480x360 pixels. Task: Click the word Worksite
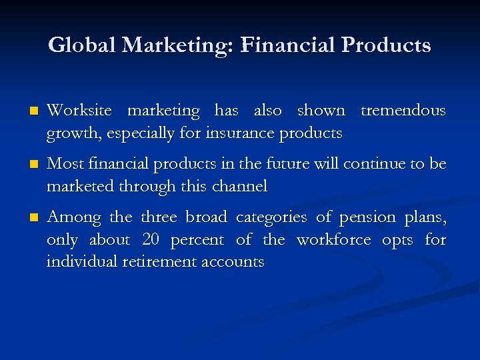pyautogui.click(x=79, y=110)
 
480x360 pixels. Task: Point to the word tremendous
pyautogui.click(x=403, y=110)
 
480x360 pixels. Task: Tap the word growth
pyautogui.click(x=69, y=134)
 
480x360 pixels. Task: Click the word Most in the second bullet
pyautogui.click(x=64, y=163)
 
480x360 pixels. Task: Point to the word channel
pyautogui.click(x=239, y=186)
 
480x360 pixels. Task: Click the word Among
pyautogui.click(x=74, y=217)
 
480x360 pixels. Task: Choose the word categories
pyautogui.click(x=265, y=217)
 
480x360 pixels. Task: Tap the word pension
pyautogui.click(x=365, y=217)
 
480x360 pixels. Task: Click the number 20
pyautogui.click(x=152, y=239)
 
